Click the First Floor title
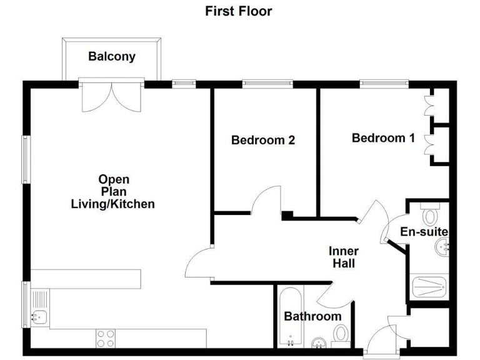239,11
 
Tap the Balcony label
112,57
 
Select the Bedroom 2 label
262,140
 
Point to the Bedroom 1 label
383,137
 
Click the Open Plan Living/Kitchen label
113,192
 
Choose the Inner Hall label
344,257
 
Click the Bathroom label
312,316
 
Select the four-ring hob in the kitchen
106,338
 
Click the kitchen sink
37,317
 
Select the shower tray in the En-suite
429,287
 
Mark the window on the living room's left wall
26,159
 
